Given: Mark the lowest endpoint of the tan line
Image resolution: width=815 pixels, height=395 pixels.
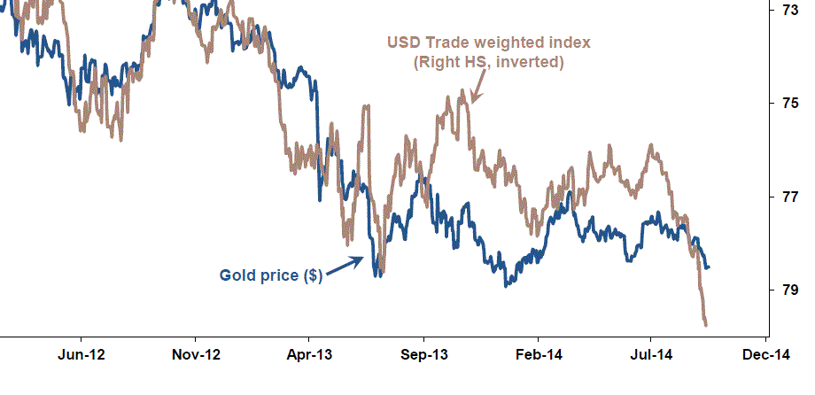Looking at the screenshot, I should [x=706, y=325].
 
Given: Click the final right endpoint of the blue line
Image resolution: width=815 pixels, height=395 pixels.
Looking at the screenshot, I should [x=709, y=267].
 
